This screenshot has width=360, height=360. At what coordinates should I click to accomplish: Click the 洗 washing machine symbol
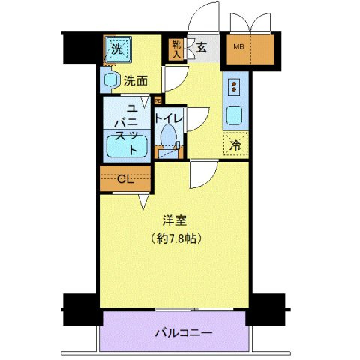click(x=116, y=50)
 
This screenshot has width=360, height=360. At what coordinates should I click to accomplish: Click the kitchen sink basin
click(x=233, y=115)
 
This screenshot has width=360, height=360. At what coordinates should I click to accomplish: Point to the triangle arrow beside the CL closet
click(x=142, y=201)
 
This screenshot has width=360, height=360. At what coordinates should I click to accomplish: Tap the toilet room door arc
click(x=196, y=119)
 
